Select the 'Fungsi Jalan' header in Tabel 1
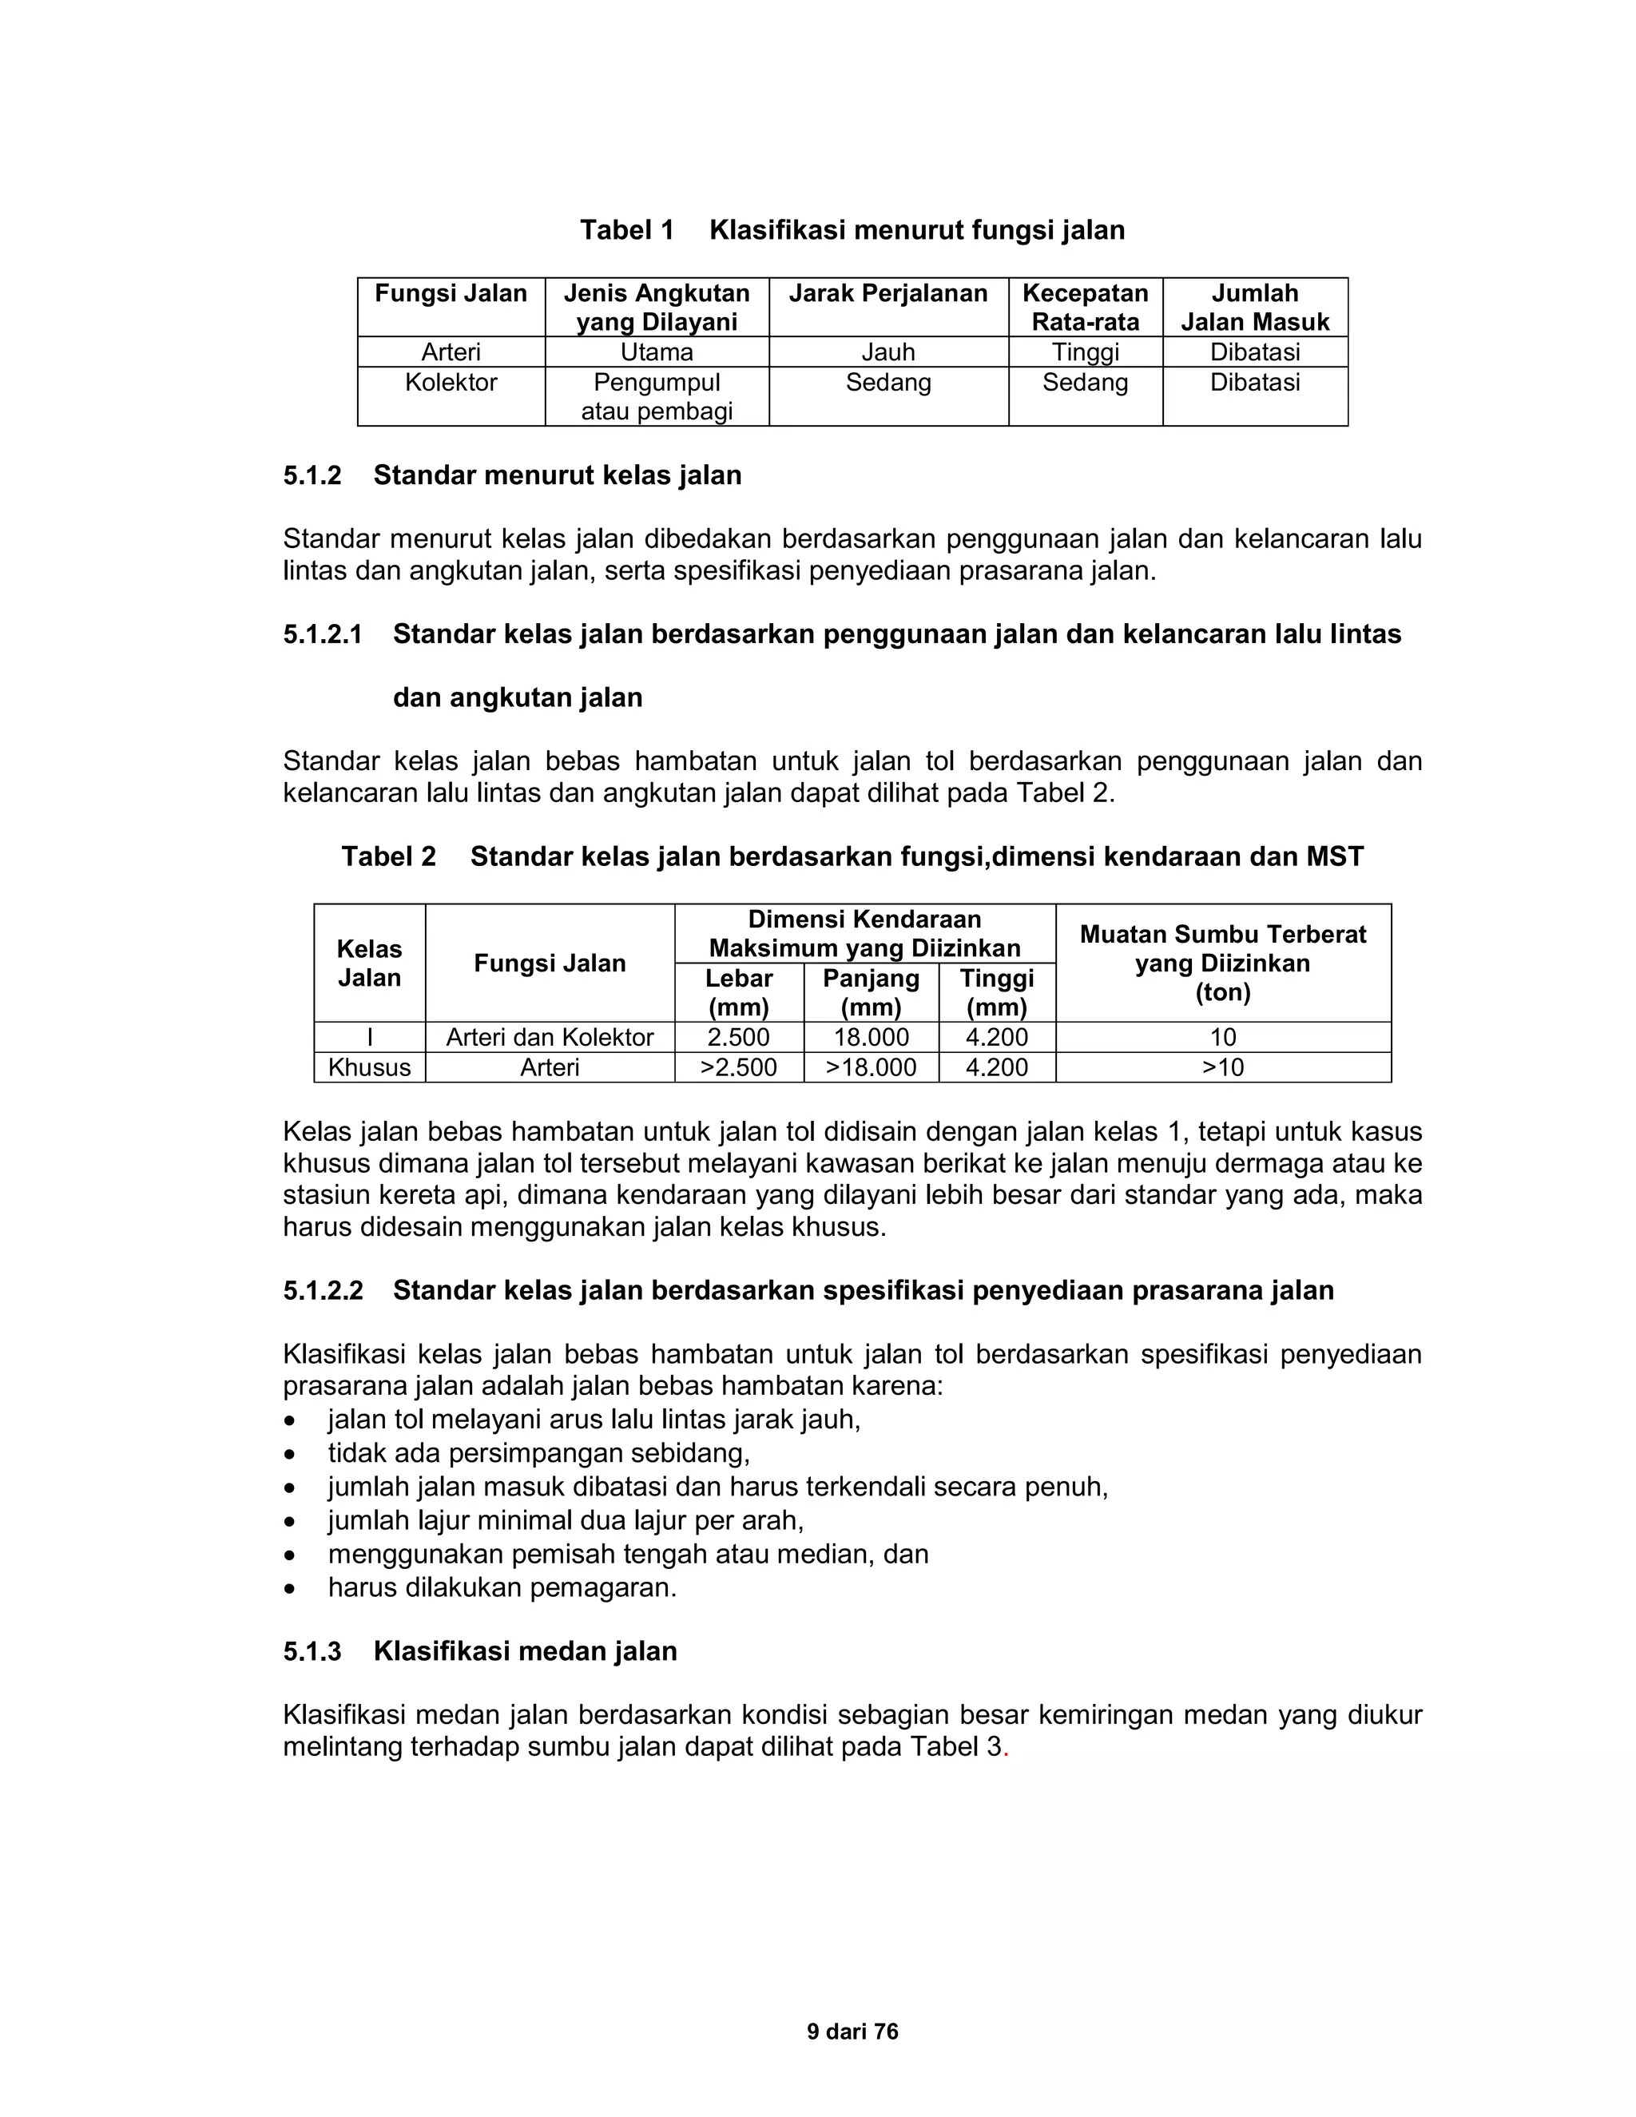pos(451,294)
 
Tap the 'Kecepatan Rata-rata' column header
pos(1085,308)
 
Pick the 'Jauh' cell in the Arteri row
pos(887,352)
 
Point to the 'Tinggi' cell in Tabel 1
pos(1085,352)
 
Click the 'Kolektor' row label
pos(451,382)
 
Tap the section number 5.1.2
pos(312,476)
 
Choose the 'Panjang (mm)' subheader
pos(871,991)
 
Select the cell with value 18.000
pos(871,1037)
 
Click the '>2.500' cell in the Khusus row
pos(739,1067)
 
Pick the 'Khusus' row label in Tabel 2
pos(369,1067)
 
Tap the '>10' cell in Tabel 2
pos(1222,1067)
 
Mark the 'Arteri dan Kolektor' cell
pos(550,1037)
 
